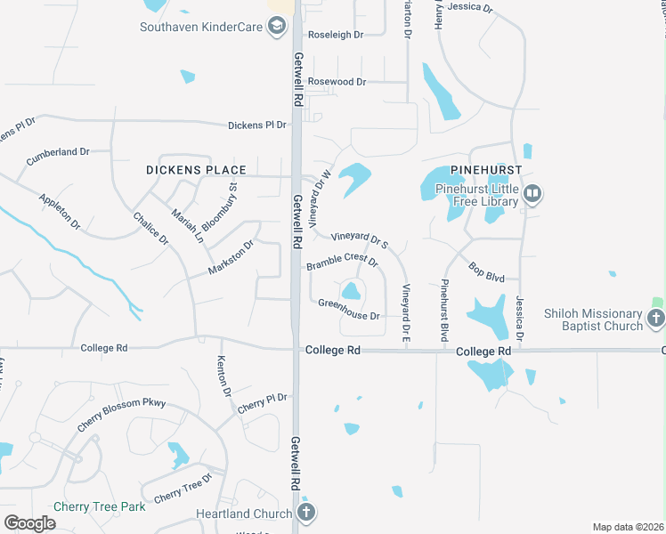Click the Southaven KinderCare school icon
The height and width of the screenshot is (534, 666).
tap(278, 27)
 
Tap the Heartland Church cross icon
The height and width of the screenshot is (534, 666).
tap(305, 513)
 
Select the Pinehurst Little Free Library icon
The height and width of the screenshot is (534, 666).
tap(532, 193)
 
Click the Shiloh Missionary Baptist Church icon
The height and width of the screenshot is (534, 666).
tap(656, 318)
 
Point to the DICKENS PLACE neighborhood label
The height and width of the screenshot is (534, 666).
tap(196, 169)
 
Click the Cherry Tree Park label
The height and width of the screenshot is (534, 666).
tap(99, 506)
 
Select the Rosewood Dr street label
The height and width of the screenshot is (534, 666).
tap(337, 82)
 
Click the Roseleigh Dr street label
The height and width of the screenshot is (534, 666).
tap(336, 35)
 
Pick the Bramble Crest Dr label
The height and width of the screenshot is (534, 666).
tap(343, 264)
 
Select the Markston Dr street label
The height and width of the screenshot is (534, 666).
tap(231, 256)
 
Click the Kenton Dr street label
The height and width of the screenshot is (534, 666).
tap(223, 376)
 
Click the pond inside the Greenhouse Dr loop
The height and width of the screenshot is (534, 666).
tap(352, 290)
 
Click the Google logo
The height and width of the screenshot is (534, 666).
tap(29, 522)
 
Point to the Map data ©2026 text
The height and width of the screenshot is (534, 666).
tap(629, 527)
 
